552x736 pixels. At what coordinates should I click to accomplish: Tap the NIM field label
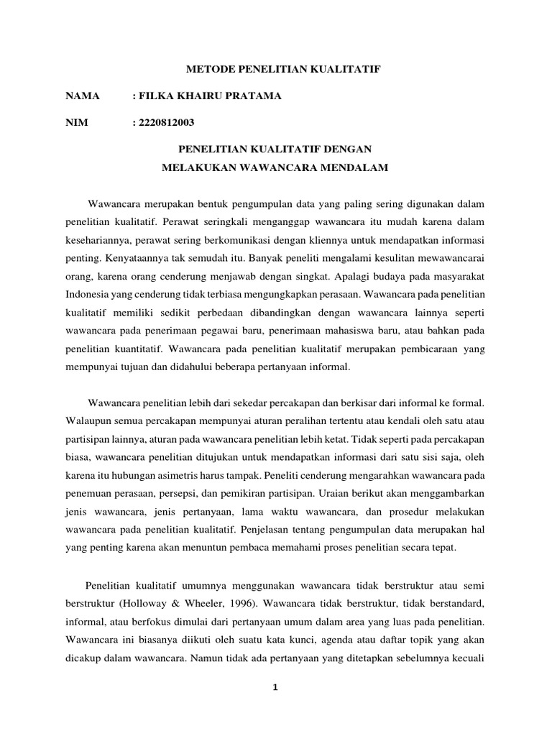tap(76, 122)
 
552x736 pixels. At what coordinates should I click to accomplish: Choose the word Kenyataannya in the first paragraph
tap(129, 255)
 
